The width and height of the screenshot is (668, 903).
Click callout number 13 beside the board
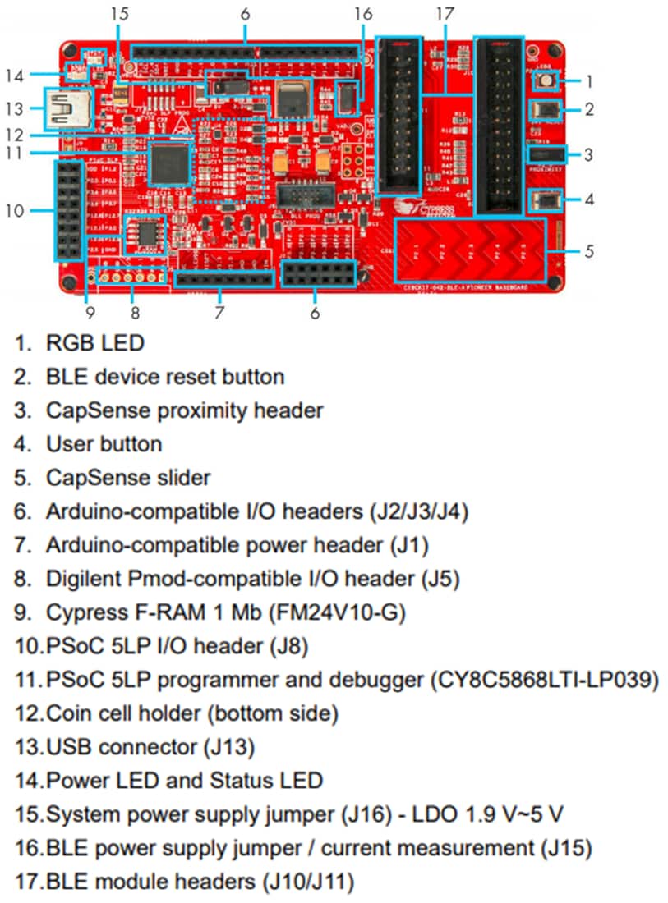pyautogui.click(x=15, y=108)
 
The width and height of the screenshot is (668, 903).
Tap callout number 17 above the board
pyautogui.click(x=445, y=14)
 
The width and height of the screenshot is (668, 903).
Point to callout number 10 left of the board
pyautogui.click(x=15, y=210)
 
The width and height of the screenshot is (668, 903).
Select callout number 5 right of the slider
pyautogui.click(x=589, y=251)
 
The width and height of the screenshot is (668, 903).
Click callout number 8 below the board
pyautogui.click(x=135, y=312)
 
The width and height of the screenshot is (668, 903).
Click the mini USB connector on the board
pyautogui.click(x=66, y=108)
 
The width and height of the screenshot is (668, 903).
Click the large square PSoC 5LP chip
pyautogui.click(x=171, y=161)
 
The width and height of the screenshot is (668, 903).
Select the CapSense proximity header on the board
pyautogui.click(x=546, y=154)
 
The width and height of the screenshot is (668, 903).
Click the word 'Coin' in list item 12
pyautogui.click(x=72, y=713)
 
